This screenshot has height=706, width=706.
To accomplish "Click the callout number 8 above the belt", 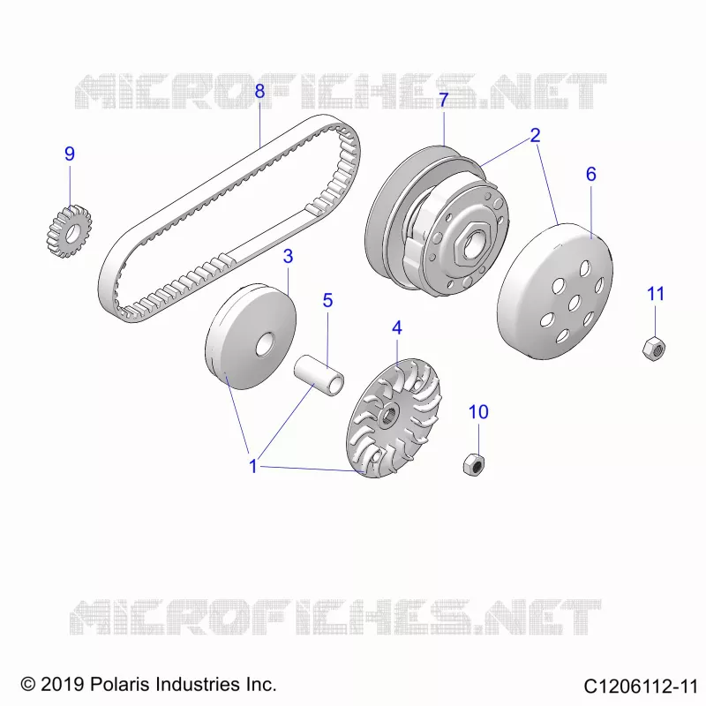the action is pos(259,92).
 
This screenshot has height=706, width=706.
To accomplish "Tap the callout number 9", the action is pos(70,154).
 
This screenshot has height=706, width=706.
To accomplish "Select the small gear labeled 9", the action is pos(70,231).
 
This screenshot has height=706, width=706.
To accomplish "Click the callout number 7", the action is pos(444,100).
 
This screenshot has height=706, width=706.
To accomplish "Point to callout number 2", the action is pos(535,135).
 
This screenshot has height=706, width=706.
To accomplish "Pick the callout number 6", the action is pos(591,174).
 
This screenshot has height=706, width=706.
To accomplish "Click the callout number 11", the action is pos(656,294).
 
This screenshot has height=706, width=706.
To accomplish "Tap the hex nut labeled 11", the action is pos(654,349).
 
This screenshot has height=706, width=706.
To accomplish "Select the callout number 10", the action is pos(478,412).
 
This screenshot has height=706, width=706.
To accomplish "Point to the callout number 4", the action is pos(396,327).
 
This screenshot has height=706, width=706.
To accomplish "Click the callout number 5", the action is pos(327,300).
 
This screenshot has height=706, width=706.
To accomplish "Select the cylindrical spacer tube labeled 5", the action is pos(319,375).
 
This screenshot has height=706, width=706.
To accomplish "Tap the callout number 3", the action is pos(288,256).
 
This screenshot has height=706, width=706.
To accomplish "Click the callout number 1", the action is pos(253,467).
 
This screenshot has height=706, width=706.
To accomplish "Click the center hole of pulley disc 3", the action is pos(266,345).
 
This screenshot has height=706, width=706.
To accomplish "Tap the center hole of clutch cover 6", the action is pos(574,303).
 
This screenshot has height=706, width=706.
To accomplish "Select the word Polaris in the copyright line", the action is pos(120,685).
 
